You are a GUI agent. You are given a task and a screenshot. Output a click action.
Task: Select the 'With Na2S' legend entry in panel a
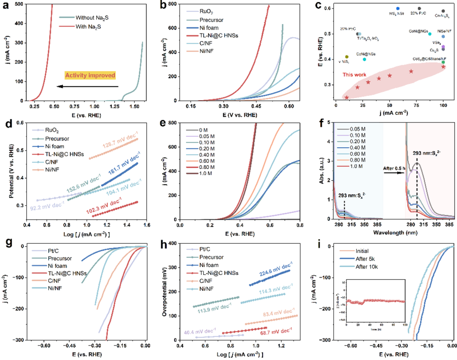coord(91,27)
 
